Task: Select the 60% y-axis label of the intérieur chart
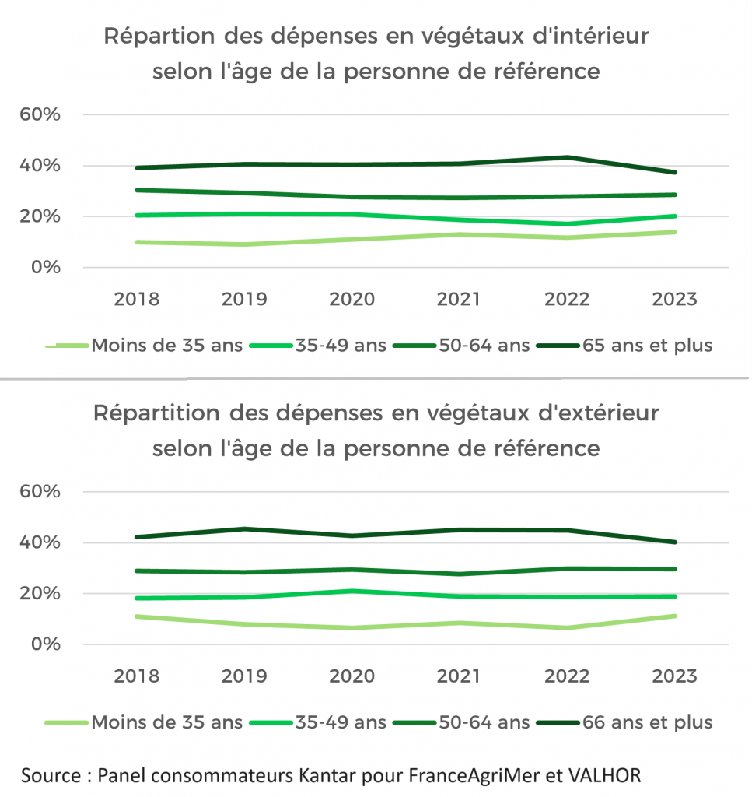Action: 41,115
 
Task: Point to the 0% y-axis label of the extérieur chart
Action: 46,644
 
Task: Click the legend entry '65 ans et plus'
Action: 647,345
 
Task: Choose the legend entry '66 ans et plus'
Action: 647,722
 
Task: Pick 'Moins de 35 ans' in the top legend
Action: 166,345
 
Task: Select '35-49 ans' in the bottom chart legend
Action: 341,722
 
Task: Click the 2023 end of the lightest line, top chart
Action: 674,232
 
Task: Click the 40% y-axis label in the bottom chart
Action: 41,542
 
